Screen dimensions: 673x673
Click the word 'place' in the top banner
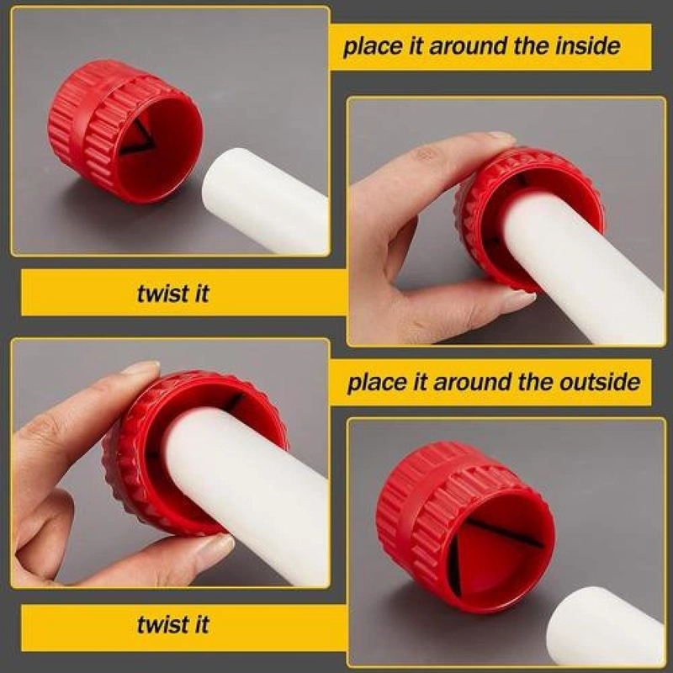373,47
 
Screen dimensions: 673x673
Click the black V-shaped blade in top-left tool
137,137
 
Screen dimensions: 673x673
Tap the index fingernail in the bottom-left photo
140,367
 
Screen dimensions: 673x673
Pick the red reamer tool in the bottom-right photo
465,527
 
